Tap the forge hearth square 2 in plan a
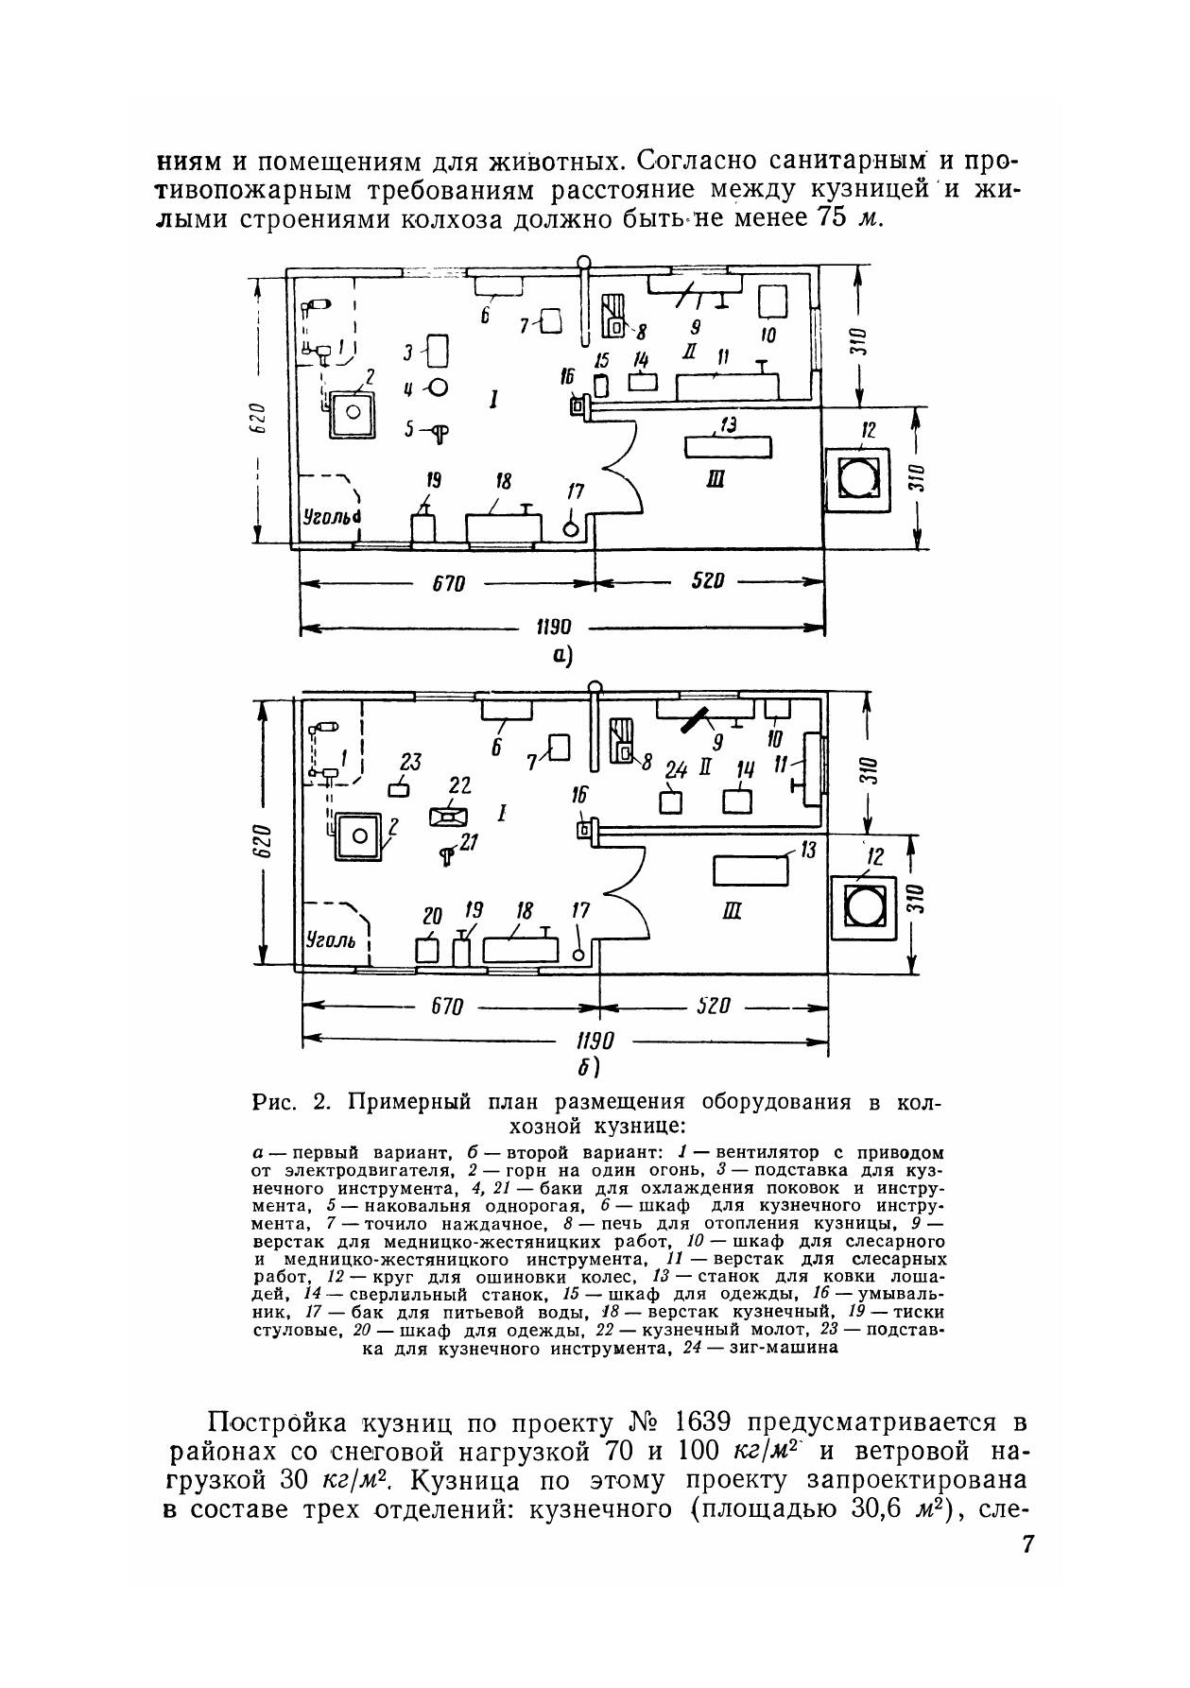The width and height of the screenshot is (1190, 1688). pyautogui.click(x=352, y=412)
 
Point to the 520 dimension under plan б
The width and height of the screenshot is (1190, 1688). pyautogui.click(x=714, y=1007)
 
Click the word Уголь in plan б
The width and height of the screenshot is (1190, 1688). pyautogui.click(x=329, y=940)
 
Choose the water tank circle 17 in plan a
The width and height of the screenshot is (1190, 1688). pyautogui.click(x=571, y=529)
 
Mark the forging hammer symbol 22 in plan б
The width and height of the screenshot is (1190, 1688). pyautogui.click(x=449, y=815)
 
